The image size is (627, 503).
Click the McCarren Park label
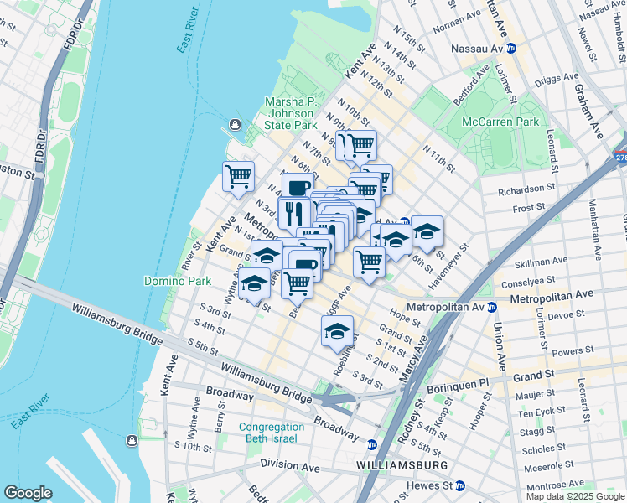pos(503,122)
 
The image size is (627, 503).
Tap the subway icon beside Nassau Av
pos(511,49)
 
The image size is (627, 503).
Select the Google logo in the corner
pos(28,492)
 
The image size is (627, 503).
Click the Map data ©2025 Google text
pos(575,496)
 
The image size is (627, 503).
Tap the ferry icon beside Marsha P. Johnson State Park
pos(232,126)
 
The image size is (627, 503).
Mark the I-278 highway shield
pos(620,156)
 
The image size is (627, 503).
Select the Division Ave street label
pos(290,464)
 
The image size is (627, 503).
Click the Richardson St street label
pos(526,190)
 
